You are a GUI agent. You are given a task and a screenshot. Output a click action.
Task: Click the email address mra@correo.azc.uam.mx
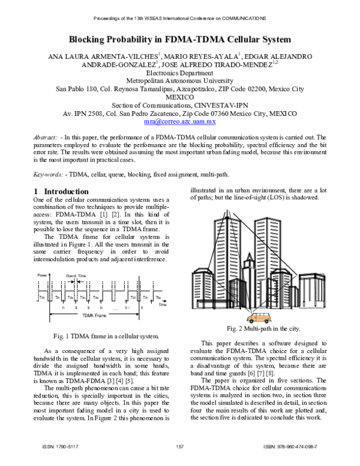point(180,121)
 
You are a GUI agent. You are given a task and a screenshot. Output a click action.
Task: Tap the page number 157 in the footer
point(179,447)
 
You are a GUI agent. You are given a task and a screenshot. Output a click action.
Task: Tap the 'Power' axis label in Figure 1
point(42,275)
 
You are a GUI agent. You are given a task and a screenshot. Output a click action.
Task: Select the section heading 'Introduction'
point(58,192)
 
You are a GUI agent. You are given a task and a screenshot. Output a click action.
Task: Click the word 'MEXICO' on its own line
point(180,97)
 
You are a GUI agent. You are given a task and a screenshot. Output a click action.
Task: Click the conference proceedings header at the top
point(180,18)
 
